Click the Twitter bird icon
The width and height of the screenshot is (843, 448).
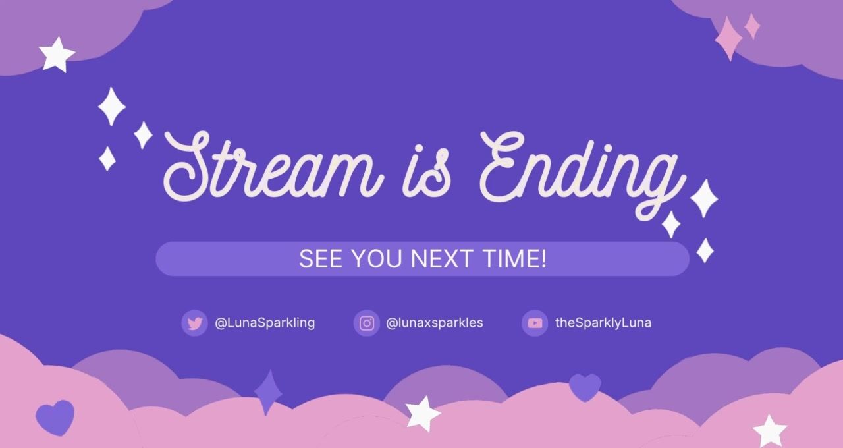click(194, 323)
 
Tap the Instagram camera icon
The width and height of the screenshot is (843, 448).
click(367, 323)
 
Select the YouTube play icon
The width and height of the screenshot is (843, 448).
click(535, 323)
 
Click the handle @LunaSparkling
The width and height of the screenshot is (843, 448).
click(265, 323)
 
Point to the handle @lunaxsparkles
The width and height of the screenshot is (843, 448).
click(435, 323)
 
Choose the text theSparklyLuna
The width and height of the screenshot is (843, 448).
click(603, 323)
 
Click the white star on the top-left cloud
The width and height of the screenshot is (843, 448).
click(57, 55)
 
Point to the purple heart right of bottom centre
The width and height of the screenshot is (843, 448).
click(585, 387)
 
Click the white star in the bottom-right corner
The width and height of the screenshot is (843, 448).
click(770, 432)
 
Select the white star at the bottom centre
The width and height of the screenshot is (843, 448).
click(423, 413)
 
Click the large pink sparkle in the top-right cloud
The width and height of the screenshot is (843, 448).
click(728, 38)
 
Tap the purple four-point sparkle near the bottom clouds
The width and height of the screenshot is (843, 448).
click(268, 392)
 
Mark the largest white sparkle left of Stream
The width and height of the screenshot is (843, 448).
click(112, 107)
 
